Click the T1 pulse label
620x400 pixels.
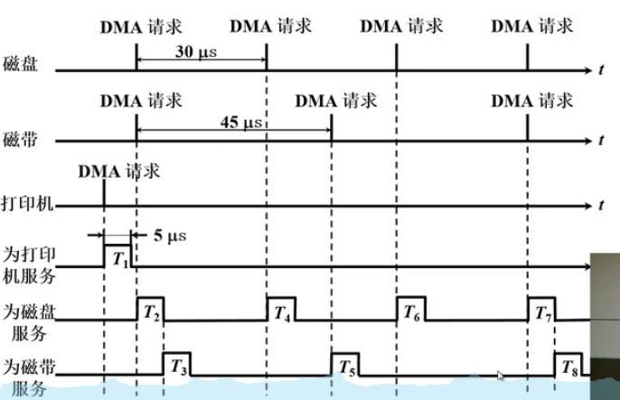[119, 257]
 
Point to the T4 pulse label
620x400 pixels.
[280, 311]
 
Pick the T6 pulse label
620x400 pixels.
[411, 311]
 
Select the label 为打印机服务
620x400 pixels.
[28, 259]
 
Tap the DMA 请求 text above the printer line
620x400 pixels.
[118, 170]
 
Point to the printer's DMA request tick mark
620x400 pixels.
[105, 193]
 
